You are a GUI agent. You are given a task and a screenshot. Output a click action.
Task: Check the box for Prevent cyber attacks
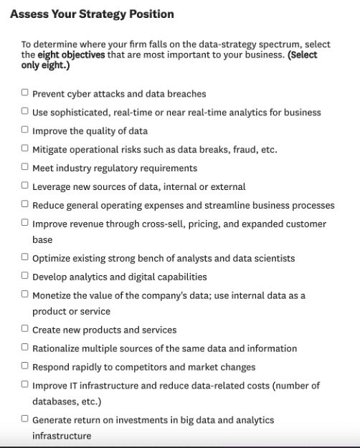click(x=25, y=92)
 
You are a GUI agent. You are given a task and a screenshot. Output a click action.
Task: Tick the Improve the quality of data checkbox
click(x=25, y=130)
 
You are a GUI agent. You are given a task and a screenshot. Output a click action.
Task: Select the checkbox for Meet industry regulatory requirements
click(x=25, y=167)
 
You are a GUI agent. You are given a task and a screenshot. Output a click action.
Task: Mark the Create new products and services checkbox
click(x=25, y=329)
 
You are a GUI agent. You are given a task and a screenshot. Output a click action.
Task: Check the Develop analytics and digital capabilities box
click(x=25, y=276)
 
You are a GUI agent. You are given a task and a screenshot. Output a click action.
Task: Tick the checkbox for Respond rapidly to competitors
click(x=25, y=366)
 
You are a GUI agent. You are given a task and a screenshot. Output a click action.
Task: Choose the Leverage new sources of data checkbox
click(x=25, y=186)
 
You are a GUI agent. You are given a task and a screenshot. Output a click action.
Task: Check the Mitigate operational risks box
click(x=25, y=148)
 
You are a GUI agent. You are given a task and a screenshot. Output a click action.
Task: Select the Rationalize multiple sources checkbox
click(x=25, y=348)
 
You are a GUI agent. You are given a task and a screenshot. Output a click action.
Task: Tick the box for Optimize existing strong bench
click(x=25, y=257)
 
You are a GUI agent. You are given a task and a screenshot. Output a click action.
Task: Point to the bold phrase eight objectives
click(x=72, y=54)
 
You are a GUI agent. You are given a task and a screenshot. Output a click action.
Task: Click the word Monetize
click(x=55, y=295)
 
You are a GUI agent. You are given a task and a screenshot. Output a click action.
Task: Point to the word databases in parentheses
click(x=55, y=401)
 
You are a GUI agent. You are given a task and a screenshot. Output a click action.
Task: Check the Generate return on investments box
click(x=25, y=419)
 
